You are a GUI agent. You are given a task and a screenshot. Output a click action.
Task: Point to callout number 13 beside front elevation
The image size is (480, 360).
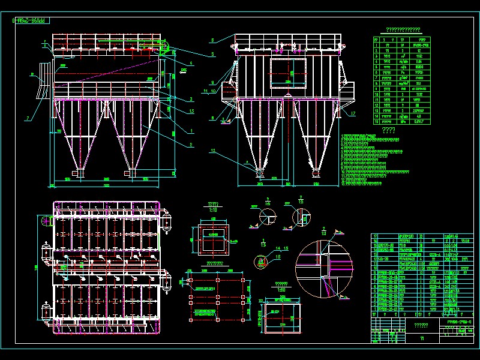tap(191, 111)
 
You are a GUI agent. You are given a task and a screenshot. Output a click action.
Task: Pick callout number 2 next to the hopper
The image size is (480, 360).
tap(191, 145)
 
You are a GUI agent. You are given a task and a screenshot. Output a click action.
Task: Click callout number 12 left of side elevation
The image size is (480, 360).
tap(212, 151)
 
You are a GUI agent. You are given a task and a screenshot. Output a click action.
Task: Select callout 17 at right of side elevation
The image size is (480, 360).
tap(353, 113)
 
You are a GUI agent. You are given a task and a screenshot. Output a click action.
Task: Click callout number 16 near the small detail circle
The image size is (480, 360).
tap(277, 256)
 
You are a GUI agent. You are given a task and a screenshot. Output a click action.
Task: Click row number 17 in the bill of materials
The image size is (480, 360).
tap(376, 237)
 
